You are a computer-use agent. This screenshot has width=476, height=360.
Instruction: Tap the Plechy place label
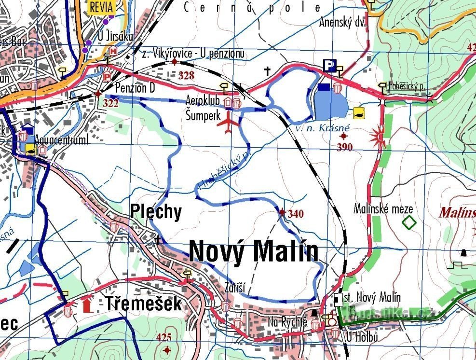point(156,212)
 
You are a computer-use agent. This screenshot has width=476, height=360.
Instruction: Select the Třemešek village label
point(143,304)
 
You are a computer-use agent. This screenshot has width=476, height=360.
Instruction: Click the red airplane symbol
point(229,124)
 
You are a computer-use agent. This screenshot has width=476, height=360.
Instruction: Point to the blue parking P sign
point(330,66)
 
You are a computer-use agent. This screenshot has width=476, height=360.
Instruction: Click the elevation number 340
point(295,214)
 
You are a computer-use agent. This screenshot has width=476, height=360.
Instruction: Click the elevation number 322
point(111,103)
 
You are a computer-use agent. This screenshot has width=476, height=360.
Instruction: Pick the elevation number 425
point(164,337)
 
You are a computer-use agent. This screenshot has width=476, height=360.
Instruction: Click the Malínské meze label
point(383,209)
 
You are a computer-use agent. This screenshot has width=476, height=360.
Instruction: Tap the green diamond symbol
point(409,222)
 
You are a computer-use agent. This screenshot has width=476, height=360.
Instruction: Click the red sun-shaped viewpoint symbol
point(378,138)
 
